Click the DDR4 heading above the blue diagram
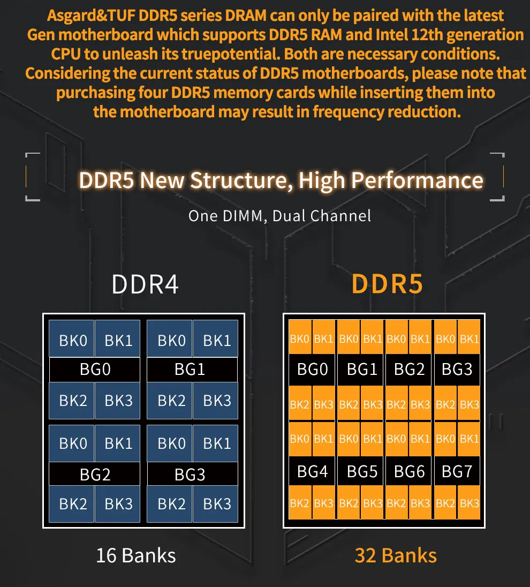[145, 284]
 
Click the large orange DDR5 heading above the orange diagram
[388, 284]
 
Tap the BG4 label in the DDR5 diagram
[312, 471]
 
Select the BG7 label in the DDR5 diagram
[457, 471]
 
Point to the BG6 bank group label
[409, 471]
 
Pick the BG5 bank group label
[362, 471]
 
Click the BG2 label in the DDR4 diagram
[95, 475]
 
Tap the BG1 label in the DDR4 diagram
[190, 369]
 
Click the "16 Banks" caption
[136, 555]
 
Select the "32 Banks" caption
[396, 555]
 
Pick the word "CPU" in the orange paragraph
[66, 54]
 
